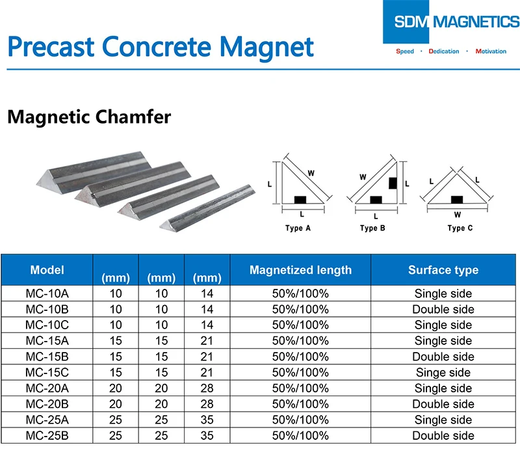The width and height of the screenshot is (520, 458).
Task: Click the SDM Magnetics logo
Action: [x=451, y=22]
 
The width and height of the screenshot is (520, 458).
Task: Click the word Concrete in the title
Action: [x=157, y=46]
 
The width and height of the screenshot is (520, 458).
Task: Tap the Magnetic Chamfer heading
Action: [x=89, y=117]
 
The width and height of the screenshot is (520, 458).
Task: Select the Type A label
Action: [x=298, y=228]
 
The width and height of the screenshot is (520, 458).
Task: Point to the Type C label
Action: [x=460, y=228]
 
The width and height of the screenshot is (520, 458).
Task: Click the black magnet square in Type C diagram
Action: [x=457, y=200]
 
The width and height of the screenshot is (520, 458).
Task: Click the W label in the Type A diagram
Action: [x=311, y=173]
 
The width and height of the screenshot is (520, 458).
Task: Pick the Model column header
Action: [x=47, y=270]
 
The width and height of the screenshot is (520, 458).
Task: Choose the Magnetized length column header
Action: [x=300, y=270]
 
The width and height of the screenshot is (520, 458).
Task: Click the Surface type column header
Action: [x=443, y=270]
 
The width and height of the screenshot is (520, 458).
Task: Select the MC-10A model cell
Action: [x=47, y=293]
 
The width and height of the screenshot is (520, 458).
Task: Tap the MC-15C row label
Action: [x=47, y=372]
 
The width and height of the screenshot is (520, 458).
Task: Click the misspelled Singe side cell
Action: [x=443, y=372]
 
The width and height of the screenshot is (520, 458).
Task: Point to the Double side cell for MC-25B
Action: [x=443, y=435]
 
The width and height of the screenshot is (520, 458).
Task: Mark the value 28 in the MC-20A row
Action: [x=207, y=388]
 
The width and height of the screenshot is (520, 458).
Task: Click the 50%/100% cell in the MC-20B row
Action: [x=300, y=404]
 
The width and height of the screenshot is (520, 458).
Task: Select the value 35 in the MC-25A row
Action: [x=207, y=420]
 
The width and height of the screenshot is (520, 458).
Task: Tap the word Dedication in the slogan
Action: [x=444, y=51]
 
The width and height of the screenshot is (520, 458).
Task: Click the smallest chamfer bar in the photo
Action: [x=207, y=208]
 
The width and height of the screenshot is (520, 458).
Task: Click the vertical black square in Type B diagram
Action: [x=393, y=183]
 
